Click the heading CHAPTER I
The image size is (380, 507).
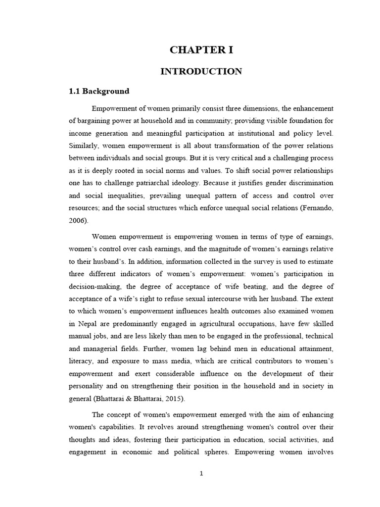pyautogui.click(x=201, y=50)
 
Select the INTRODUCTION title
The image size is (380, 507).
pyautogui.click(x=201, y=71)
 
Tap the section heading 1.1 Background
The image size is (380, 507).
pyautogui.click(x=98, y=91)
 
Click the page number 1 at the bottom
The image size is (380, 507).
pyautogui.click(x=201, y=473)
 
